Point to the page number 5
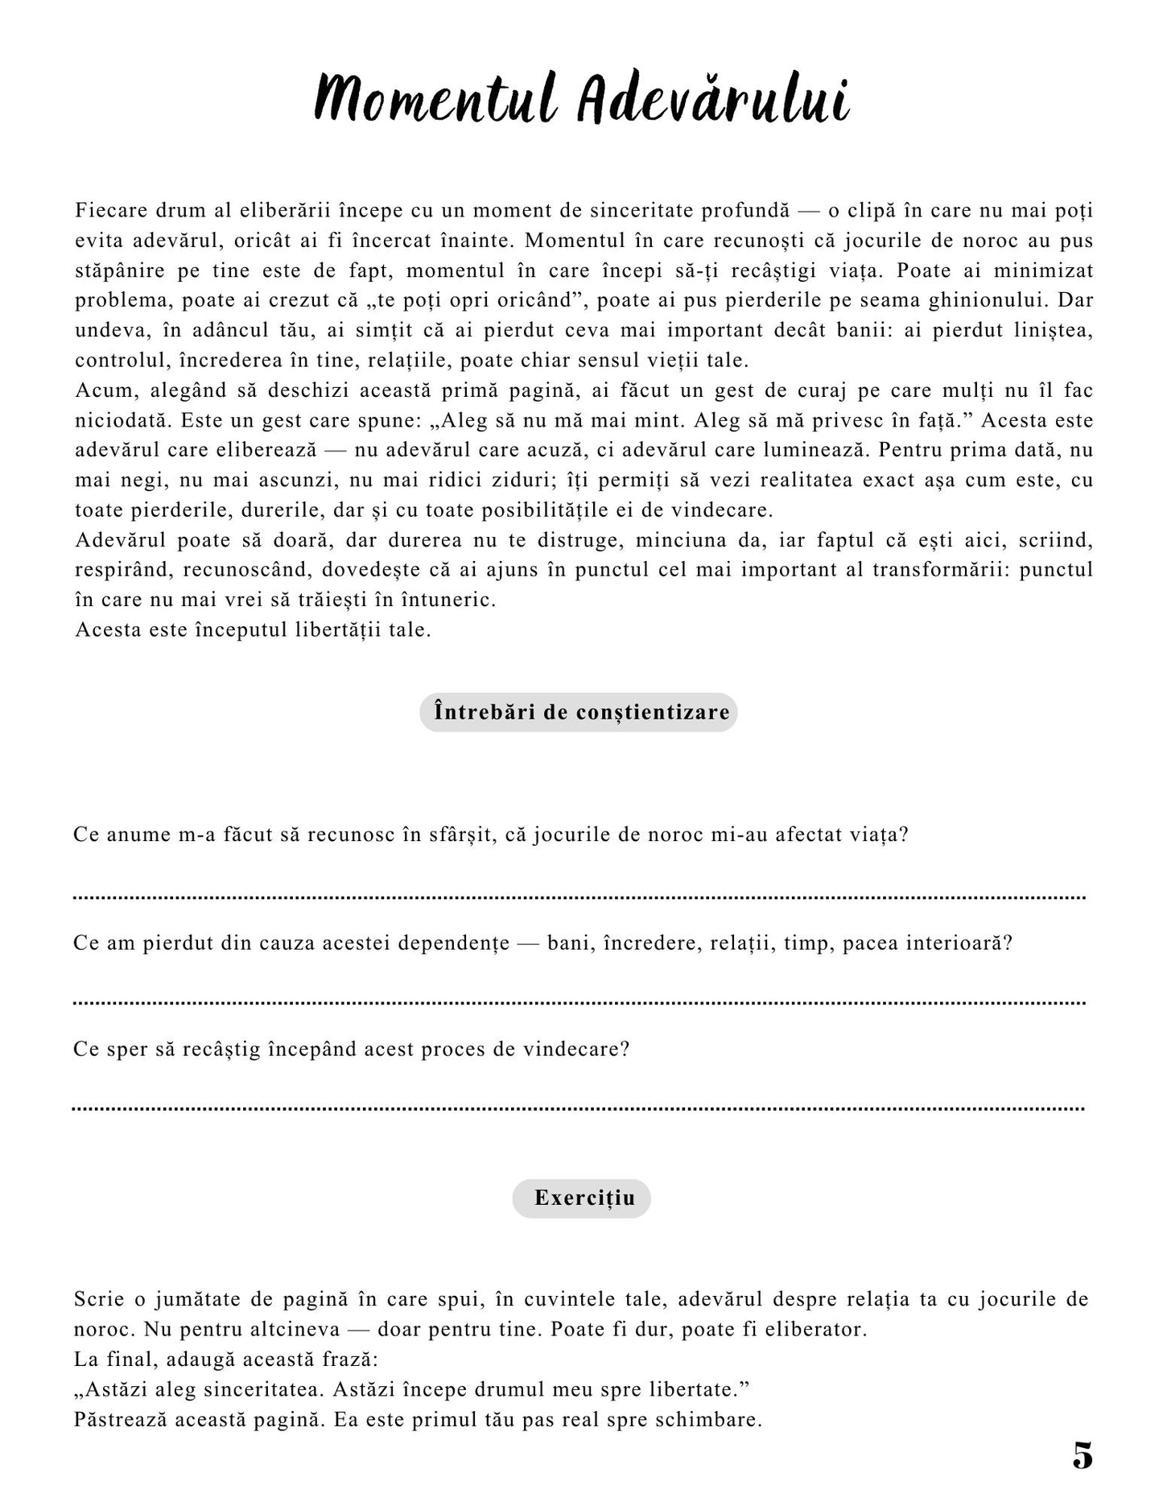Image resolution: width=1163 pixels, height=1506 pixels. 1083,1455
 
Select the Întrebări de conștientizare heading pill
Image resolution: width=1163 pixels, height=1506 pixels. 578,712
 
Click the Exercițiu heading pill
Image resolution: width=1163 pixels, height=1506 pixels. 581,1198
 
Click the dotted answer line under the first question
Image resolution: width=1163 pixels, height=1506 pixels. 579,897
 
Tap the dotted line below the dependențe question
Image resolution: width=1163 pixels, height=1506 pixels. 579,1003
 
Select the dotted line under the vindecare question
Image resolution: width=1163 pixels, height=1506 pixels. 579,1108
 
